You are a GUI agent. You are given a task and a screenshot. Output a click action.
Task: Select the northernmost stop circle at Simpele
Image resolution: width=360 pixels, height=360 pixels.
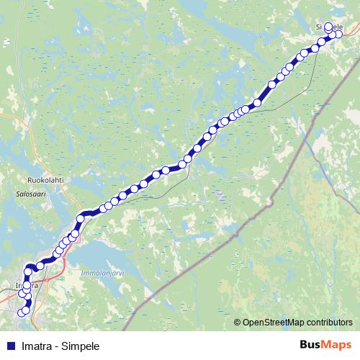coord(328,27)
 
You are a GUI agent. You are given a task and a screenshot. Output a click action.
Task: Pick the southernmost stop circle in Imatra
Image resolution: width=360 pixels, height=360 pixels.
coord(22,312)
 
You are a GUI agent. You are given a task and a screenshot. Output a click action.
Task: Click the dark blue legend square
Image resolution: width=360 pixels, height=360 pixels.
coord(8,346)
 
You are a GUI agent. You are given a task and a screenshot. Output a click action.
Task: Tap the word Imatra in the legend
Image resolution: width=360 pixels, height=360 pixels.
coord(32,346)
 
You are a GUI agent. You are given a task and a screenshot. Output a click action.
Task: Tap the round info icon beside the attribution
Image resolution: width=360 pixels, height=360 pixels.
coord(238,323)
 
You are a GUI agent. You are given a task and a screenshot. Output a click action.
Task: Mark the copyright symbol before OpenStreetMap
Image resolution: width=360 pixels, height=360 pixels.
coord(247,323)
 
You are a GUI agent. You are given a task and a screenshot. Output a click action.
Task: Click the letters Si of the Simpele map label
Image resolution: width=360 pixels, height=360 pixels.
coord(320,27)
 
